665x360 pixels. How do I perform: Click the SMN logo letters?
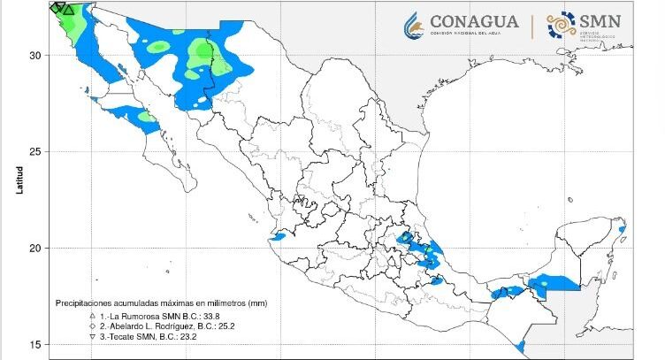click(600, 21)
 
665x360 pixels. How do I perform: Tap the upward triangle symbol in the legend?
click(91, 316)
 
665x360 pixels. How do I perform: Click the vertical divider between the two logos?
click(531, 26)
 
